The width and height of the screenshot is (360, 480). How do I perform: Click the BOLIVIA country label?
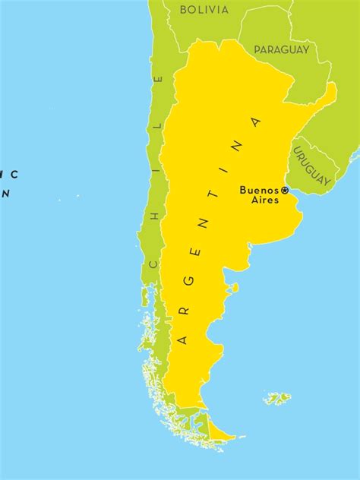(204, 10)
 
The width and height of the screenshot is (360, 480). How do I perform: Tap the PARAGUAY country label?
(282, 49)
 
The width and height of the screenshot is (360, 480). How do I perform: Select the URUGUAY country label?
(312, 166)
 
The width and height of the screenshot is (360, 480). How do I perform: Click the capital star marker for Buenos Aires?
(285, 190)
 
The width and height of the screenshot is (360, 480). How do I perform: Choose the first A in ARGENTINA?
(182, 339)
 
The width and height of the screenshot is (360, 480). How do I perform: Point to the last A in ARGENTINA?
(256, 122)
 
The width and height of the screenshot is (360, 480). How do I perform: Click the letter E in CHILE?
(159, 78)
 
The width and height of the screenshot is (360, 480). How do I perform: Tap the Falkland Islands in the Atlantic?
(278, 397)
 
